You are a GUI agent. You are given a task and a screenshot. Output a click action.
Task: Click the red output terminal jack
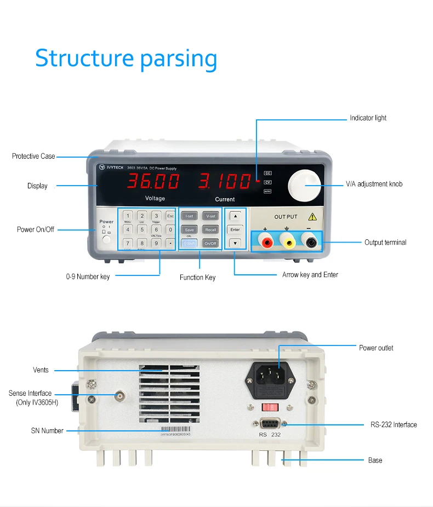coord(266,241)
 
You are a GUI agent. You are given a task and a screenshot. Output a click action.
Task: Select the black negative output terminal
coord(310,241)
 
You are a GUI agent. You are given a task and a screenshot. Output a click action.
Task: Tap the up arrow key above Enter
coord(235,216)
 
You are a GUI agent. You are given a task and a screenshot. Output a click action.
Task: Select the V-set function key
coord(210,216)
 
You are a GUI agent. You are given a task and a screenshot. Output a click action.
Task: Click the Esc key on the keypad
coord(170,216)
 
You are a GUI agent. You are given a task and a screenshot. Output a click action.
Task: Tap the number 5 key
coord(141,229)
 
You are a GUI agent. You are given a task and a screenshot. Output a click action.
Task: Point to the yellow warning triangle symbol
coord(312,216)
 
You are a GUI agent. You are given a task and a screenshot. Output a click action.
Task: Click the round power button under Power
coord(106,239)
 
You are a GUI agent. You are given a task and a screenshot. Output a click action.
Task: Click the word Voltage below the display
coord(155,198)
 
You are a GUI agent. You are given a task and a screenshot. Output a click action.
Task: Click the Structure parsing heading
coord(126,59)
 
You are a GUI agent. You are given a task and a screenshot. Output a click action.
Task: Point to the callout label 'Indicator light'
coord(368,118)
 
